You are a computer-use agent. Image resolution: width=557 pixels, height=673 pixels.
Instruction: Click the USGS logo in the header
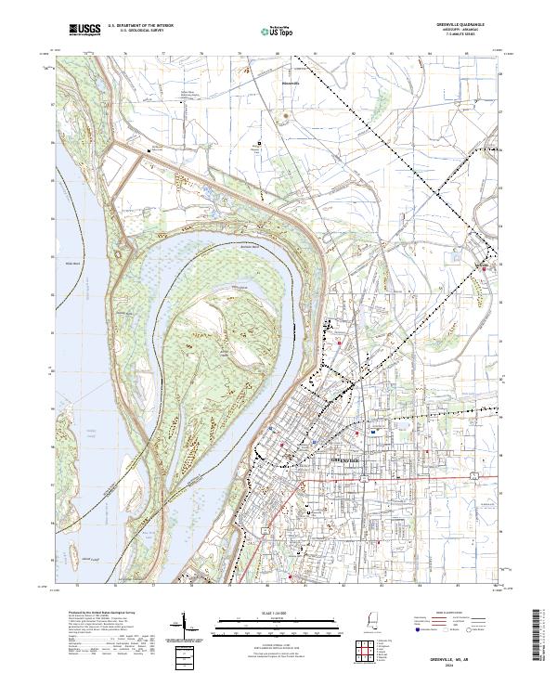point(84,31)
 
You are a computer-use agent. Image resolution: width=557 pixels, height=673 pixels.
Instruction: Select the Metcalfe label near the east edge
point(481,266)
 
